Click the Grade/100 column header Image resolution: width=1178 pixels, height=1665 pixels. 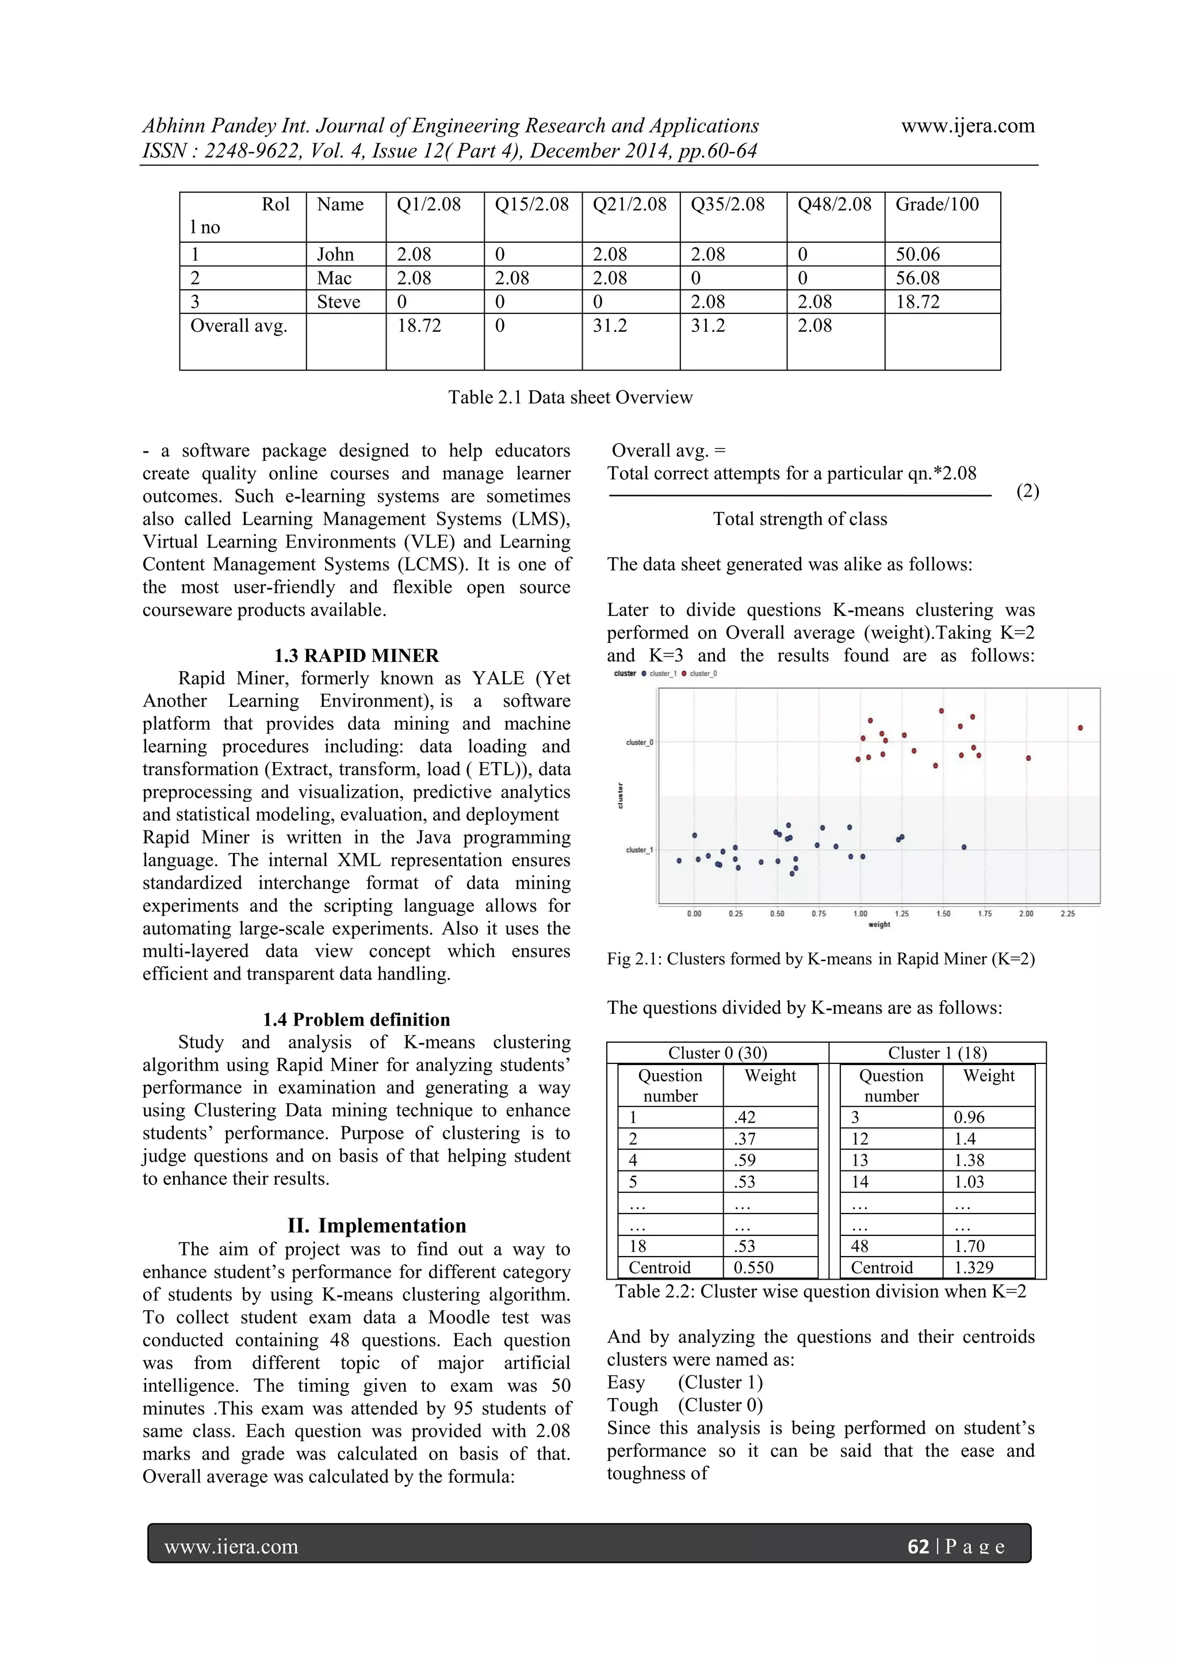pyautogui.click(x=936, y=205)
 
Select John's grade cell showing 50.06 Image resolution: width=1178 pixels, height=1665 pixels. pyautogui.click(x=917, y=255)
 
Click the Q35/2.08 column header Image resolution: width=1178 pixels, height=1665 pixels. pyautogui.click(x=727, y=205)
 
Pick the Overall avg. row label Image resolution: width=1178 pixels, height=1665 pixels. pyautogui.click(x=239, y=326)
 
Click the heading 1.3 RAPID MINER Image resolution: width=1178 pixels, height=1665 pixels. pyautogui.click(x=356, y=656)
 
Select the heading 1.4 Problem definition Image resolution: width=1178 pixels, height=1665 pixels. pyautogui.click(x=356, y=1020)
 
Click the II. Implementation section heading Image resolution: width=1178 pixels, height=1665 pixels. pyautogui.click(x=377, y=1226)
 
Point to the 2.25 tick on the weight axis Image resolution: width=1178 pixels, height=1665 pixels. pyautogui.click(x=1068, y=914)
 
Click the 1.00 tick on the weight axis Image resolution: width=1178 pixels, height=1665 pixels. pyautogui.click(x=860, y=914)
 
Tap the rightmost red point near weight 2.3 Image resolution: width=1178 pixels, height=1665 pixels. pyautogui.click(x=1080, y=728)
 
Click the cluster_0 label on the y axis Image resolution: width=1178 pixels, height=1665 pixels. pyautogui.click(x=639, y=742)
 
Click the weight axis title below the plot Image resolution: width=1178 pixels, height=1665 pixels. pyautogui.click(x=878, y=925)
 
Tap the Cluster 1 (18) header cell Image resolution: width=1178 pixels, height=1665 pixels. pyautogui.click(x=936, y=1053)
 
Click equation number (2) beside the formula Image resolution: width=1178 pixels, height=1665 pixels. pyautogui.click(x=1027, y=491)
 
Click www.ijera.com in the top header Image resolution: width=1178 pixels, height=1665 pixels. pyautogui.click(x=967, y=126)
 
